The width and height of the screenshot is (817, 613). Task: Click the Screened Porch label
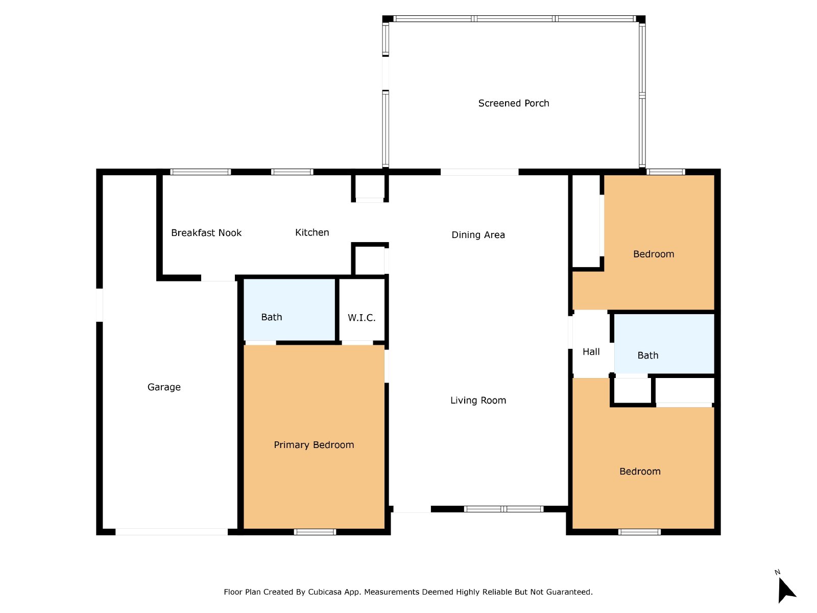pos(513,103)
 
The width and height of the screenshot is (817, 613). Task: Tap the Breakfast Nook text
pos(206,232)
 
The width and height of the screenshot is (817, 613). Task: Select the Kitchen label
pos(312,232)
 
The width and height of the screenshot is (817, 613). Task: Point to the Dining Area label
pos(478,235)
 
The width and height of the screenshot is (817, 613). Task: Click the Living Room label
pos(478,400)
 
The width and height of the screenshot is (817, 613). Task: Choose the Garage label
pos(164,387)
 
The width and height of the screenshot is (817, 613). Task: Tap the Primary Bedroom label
pos(314,445)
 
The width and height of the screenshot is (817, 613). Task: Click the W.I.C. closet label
pos(362,317)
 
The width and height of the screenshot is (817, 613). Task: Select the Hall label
pos(591,352)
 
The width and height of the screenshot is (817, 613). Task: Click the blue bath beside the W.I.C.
pos(289,309)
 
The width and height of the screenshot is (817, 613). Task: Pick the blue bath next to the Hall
pos(664,344)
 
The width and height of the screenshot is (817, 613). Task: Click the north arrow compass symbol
pos(786,590)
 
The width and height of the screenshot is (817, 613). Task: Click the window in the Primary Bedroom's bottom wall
pos(315,532)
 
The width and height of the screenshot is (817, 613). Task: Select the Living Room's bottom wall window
pos(503,509)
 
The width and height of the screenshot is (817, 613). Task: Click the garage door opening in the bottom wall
pos(172,532)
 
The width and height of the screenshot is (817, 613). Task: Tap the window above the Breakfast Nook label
pos(201,172)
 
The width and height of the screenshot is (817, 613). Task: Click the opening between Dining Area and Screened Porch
pos(479,172)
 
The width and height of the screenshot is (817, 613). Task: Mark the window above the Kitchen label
pos(292,172)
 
